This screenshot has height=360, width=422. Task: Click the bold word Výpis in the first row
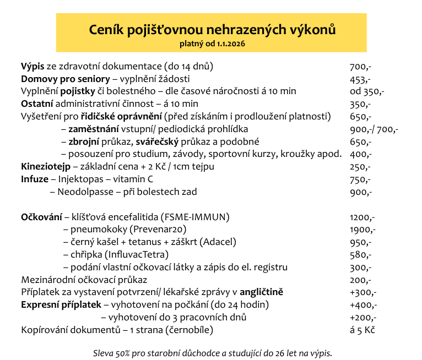33,66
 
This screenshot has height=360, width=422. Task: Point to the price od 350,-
367,91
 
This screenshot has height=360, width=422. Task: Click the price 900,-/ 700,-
374,129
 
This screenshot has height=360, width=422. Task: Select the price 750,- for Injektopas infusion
360,179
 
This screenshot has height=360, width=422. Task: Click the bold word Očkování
41,217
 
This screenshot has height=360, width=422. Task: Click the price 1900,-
363,230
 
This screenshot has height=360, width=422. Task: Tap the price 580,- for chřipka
360,255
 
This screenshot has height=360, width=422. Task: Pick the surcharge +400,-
363,305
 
